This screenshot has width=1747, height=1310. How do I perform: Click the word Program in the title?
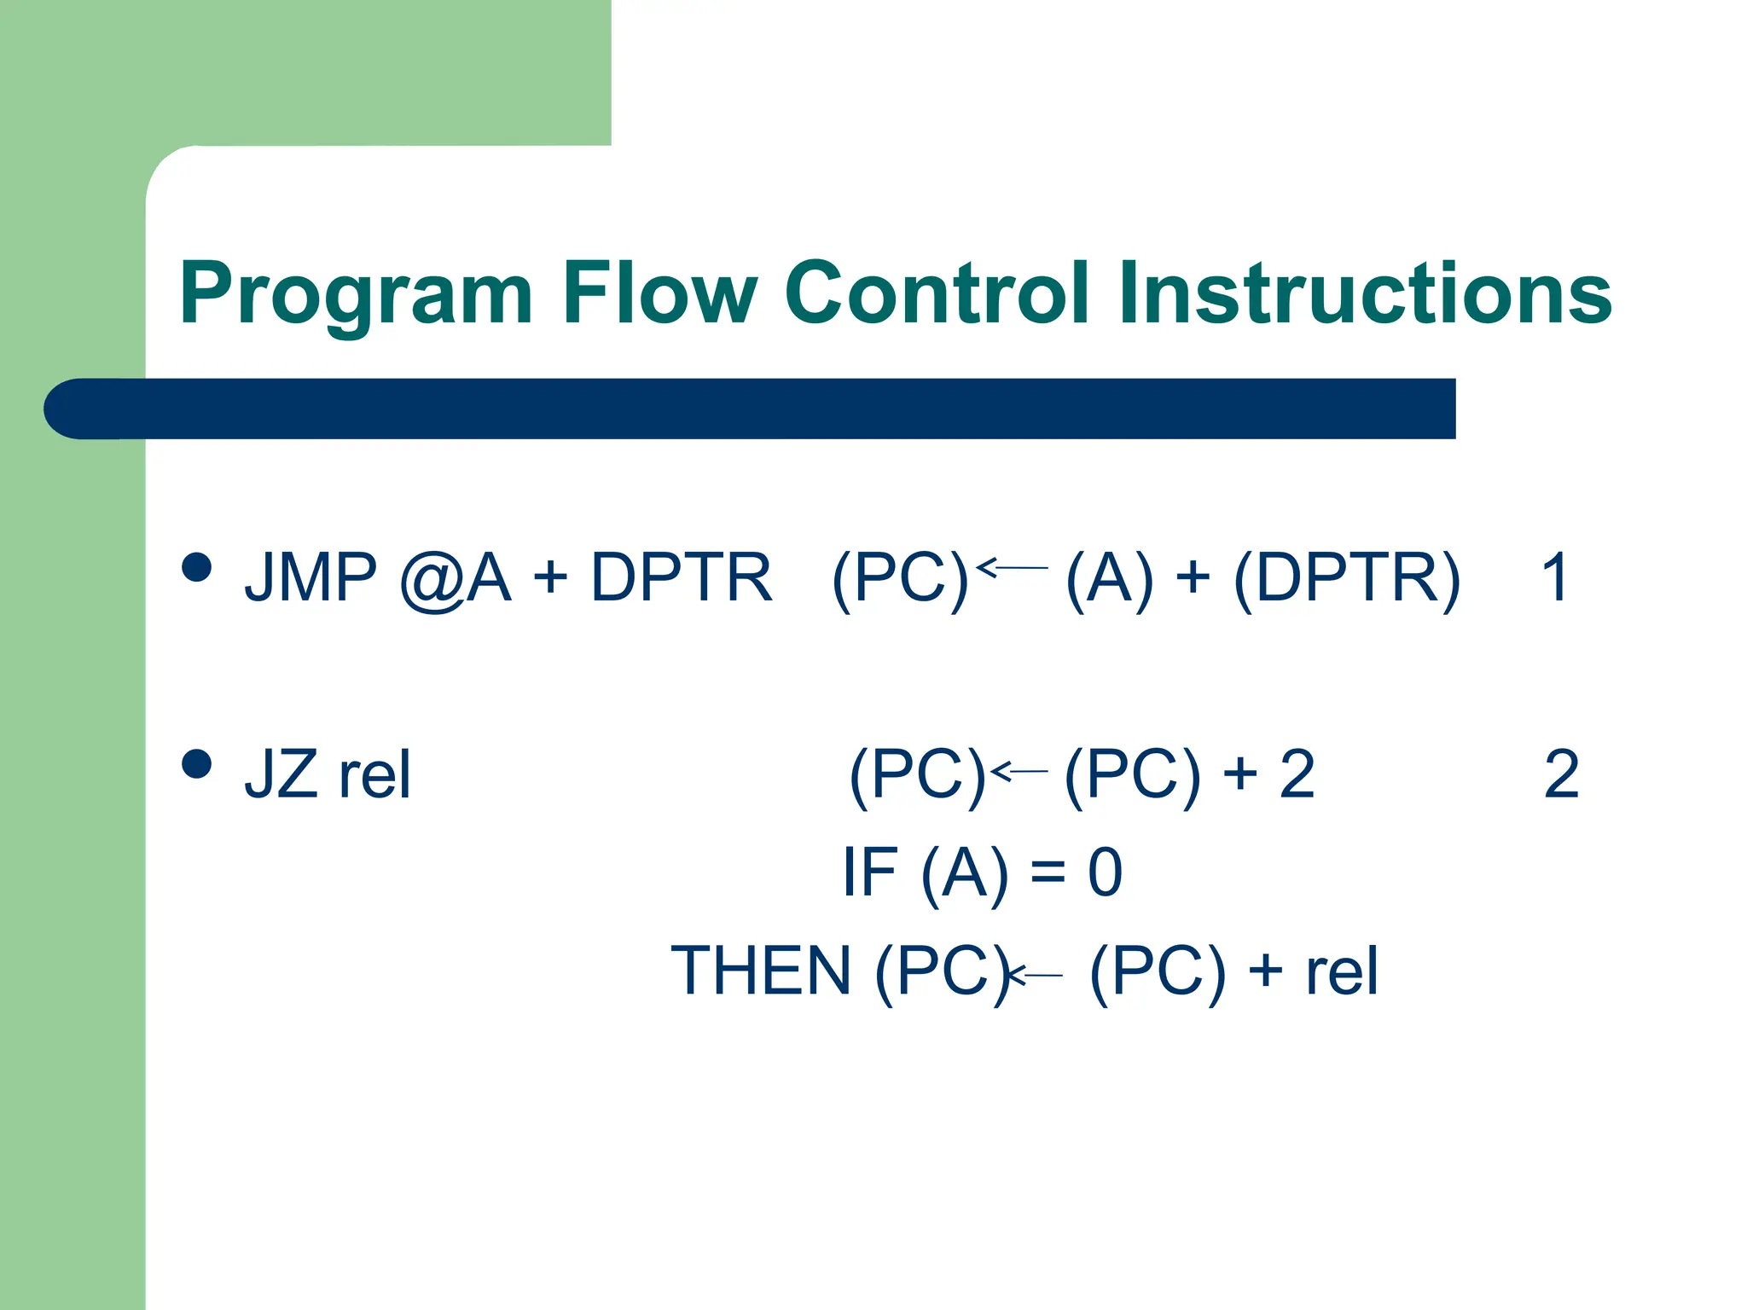tap(356, 294)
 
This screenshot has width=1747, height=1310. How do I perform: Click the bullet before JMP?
tap(197, 567)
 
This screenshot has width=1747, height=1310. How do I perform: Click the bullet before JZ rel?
tap(197, 764)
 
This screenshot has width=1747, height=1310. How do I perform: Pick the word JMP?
tap(311, 577)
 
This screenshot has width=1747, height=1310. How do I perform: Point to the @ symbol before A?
tap(432, 580)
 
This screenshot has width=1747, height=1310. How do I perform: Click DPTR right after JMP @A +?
tap(681, 577)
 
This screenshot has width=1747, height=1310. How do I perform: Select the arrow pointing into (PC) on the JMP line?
tap(1012, 567)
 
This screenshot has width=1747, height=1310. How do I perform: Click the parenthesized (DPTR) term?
tap(1347, 579)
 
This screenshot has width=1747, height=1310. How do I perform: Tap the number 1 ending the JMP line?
tap(1554, 577)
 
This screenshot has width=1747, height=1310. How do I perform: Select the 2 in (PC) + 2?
tap(1297, 774)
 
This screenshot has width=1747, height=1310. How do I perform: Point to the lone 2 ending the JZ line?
tap(1561, 774)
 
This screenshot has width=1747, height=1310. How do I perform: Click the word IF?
tap(869, 872)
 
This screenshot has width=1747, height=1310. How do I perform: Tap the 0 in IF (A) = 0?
tap(1105, 872)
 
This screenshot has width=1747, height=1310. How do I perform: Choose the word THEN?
tap(761, 971)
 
